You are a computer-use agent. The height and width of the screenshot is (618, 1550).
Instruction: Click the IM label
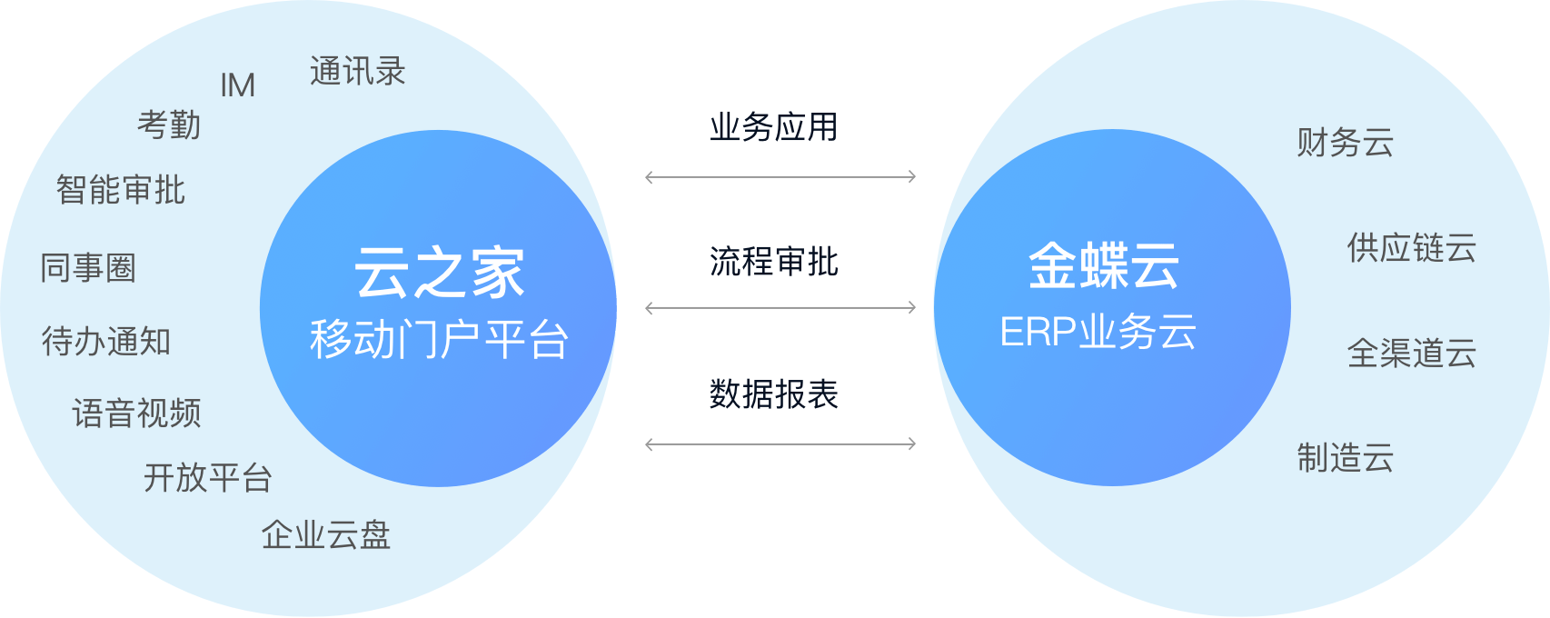pyautogui.click(x=238, y=85)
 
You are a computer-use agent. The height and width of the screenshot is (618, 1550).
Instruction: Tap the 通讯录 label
pyautogui.click(x=358, y=71)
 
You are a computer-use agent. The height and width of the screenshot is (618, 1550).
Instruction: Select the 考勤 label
pyautogui.click(x=169, y=125)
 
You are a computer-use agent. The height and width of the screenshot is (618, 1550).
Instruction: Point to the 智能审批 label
pyautogui.click(x=121, y=190)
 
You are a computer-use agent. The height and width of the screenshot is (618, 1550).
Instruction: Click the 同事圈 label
pyautogui.click(x=88, y=268)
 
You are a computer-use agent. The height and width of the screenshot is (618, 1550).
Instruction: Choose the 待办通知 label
pyautogui.click(x=106, y=341)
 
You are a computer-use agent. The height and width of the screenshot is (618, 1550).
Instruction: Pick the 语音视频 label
pyautogui.click(x=136, y=414)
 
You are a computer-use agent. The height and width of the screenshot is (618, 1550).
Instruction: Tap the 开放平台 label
pyautogui.click(x=208, y=477)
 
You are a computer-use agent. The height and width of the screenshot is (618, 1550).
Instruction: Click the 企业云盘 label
pyautogui.click(x=326, y=534)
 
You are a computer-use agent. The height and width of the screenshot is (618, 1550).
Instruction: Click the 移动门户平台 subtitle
pyautogui.click(x=440, y=339)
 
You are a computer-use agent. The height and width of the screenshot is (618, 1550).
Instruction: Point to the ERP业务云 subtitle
pyautogui.click(x=1098, y=333)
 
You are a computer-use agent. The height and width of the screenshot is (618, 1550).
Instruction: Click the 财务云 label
pyautogui.click(x=1345, y=143)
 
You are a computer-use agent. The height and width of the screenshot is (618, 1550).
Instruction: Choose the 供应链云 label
pyautogui.click(x=1412, y=247)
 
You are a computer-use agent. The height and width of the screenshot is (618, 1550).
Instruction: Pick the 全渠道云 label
pyautogui.click(x=1412, y=353)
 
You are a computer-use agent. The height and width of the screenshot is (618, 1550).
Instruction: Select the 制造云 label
pyautogui.click(x=1345, y=457)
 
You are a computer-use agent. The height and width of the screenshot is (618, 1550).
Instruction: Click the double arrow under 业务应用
pyautogui.click(x=780, y=177)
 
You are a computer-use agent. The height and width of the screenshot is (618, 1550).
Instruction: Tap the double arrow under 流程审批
pyautogui.click(x=780, y=308)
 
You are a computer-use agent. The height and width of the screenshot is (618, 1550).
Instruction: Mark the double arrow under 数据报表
pyautogui.click(x=780, y=444)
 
